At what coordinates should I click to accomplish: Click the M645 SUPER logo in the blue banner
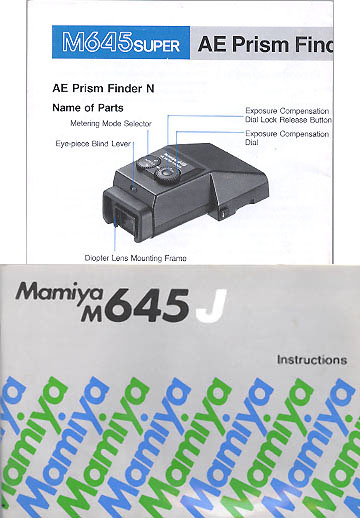[x=121, y=42]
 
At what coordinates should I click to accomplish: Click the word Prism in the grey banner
[x=260, y=44]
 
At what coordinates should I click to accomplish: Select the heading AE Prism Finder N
[x=103, y=88]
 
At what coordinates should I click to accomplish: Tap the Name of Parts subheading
[x=88, y=108]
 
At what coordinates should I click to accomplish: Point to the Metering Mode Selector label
[x=111, y=124]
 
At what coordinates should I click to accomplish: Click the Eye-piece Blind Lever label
[x=93, y=144]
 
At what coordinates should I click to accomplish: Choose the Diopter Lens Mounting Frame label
[x=135, y=258]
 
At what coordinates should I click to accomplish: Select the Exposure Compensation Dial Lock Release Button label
[x=288, y=115]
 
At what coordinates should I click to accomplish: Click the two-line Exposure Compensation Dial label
[x=287, y=138]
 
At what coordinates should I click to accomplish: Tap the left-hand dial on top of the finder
[x=146, y=163]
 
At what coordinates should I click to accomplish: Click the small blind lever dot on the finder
[x=134, y=189]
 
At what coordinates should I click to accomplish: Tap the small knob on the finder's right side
[x=224, y=213]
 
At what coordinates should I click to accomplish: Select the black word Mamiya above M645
[x=59, y=292]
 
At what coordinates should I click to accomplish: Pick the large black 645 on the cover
[x=149, y=306]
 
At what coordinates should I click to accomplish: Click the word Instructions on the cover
[x=312, y=360]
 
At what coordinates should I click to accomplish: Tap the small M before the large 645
[x=92, y=314]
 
